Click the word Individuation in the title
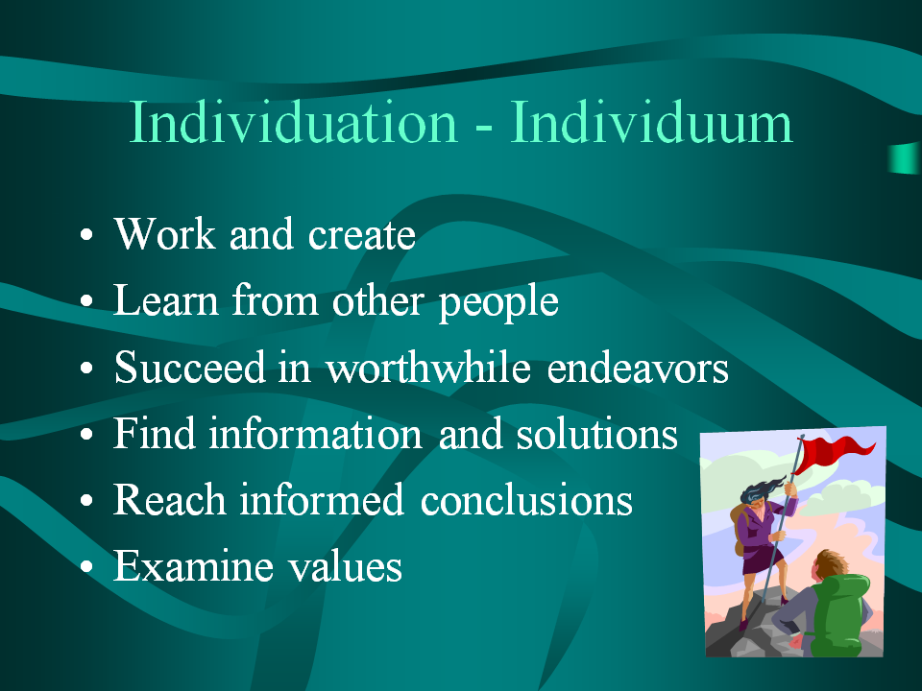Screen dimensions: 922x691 293,122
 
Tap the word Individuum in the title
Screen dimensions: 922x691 651,122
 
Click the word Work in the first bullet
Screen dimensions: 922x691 164,234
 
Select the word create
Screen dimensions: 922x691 362,235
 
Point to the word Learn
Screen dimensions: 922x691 166,300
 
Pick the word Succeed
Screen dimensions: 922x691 189,368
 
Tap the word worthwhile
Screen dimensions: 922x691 428,368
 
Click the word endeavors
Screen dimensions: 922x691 638,368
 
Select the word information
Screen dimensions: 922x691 315,434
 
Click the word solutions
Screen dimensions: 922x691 596,434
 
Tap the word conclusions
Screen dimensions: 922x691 526,500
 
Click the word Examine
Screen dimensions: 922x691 193,566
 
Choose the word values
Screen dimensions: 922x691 345,566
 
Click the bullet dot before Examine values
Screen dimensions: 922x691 86,567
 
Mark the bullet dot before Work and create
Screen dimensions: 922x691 86,235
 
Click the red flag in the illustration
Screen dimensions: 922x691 834,452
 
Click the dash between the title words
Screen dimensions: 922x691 483,126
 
